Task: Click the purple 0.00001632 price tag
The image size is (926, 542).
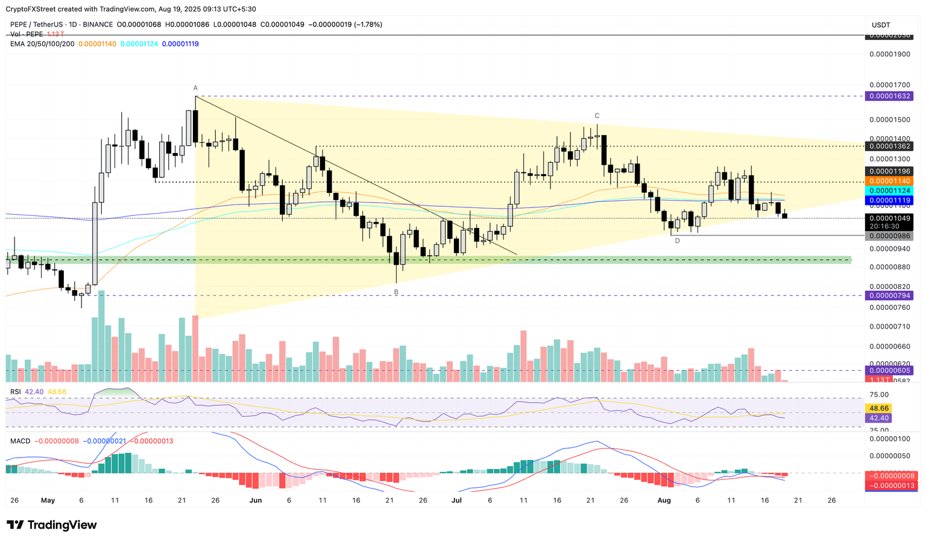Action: point(889,96)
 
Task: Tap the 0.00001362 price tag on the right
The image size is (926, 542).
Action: point(889,146)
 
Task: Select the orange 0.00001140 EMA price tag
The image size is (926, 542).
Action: point(889,181)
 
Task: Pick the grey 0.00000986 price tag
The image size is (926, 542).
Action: point(889,236)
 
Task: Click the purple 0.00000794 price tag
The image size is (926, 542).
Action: point(889,295)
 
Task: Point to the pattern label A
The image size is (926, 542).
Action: point(195,88)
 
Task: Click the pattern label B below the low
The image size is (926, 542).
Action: point(396,292)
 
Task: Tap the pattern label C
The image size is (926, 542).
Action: point(597,116)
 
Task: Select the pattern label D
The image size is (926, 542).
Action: point(677,241)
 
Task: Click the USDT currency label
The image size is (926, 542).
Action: point(881,25)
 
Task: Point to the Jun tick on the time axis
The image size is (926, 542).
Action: point(256,500)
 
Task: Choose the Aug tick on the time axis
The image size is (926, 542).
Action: point(664,500)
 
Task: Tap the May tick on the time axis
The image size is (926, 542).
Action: point(48,500)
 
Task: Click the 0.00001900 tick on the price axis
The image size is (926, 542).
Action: point(889,54)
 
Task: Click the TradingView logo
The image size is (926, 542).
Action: point(52,525)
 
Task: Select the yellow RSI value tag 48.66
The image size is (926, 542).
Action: point(877,408)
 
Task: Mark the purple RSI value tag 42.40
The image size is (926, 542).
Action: point(877,418)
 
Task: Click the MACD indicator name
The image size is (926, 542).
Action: point(20,441)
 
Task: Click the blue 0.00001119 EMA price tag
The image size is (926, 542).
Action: point(889,200)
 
